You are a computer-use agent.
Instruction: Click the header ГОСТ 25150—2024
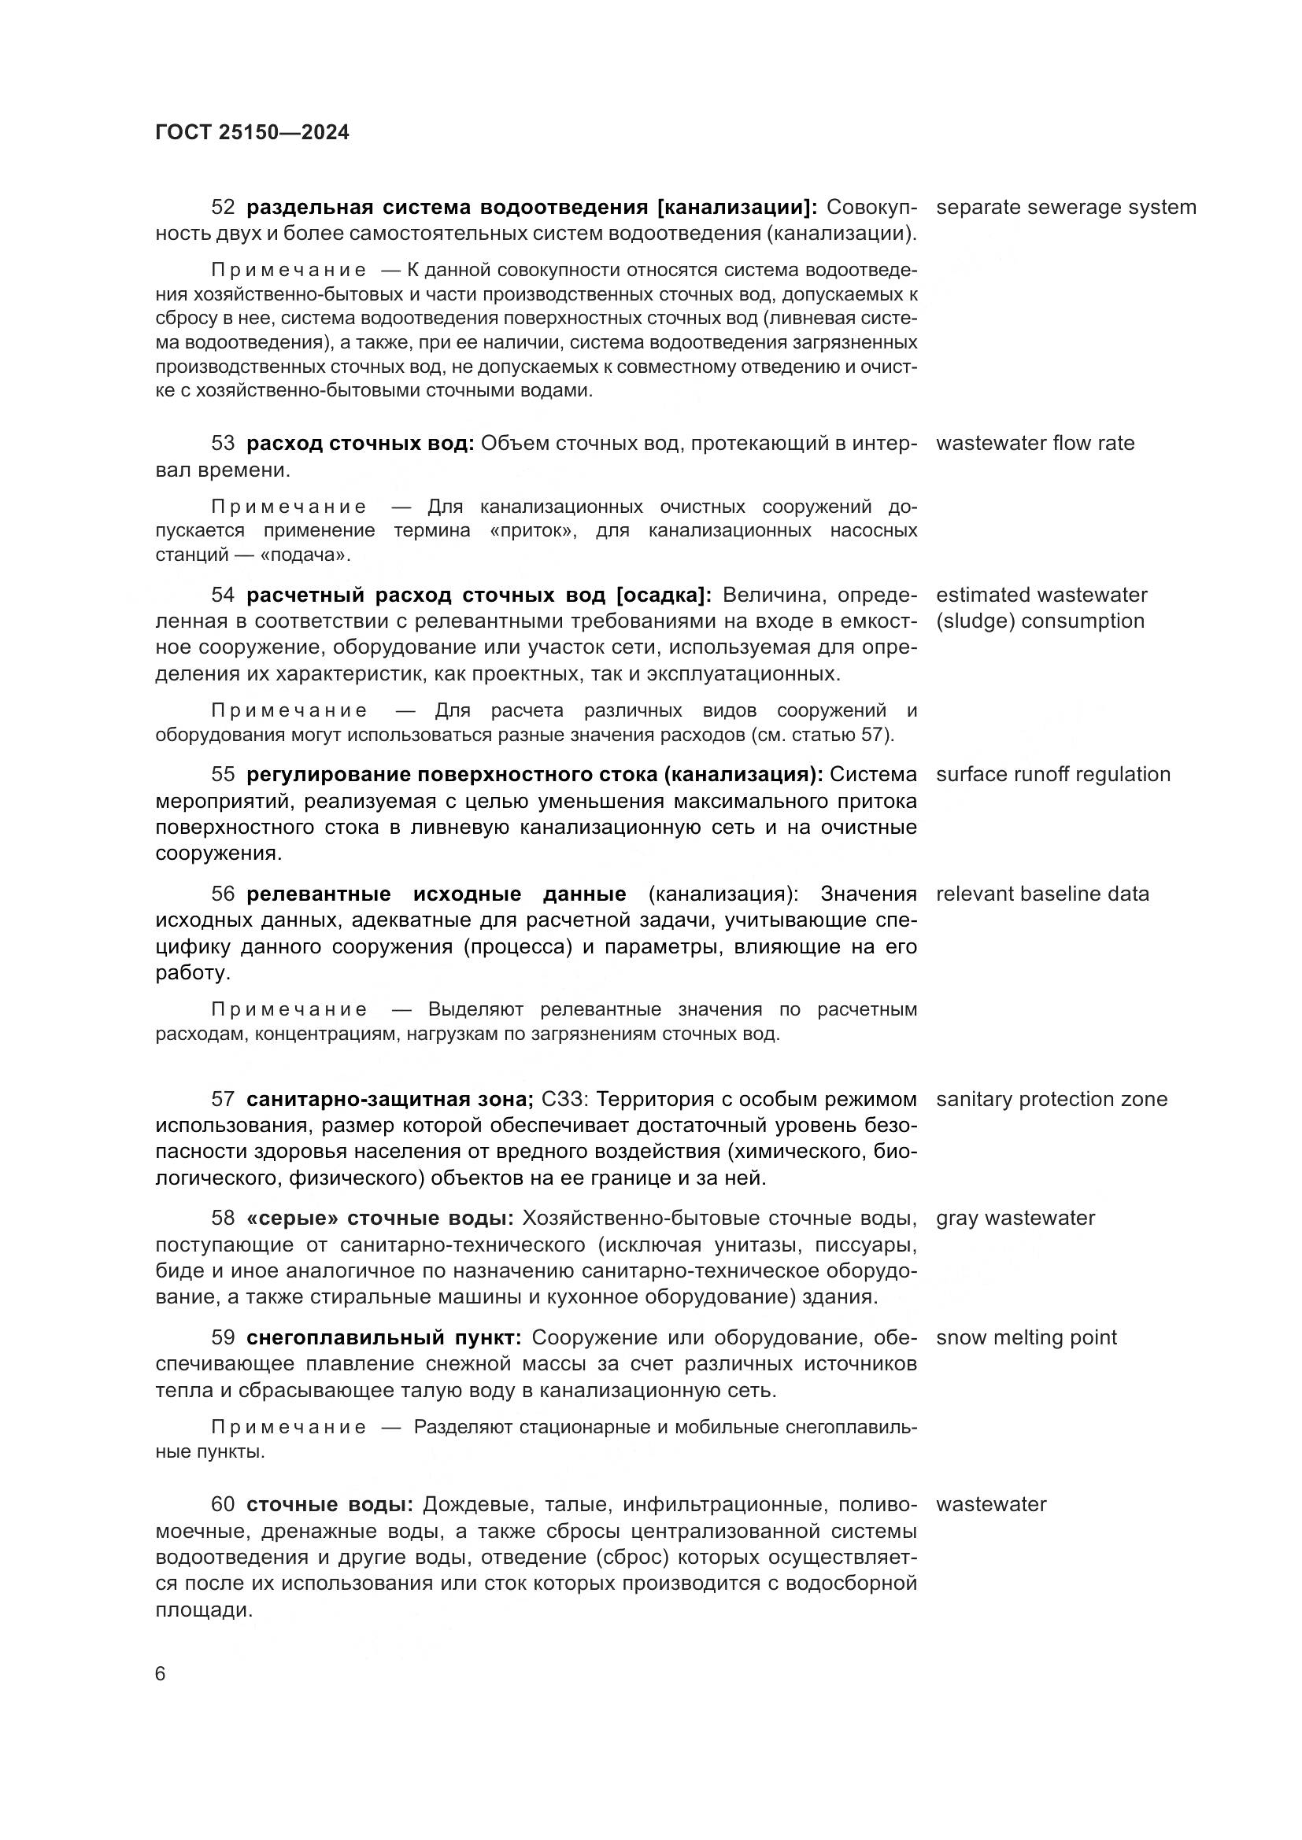click(252, 132)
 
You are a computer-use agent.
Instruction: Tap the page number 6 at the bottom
click(161, 1673)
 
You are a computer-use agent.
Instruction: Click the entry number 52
click(223, 207)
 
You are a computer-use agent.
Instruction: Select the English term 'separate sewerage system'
click(1066, 207)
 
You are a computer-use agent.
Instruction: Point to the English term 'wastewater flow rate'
click(1035, 443)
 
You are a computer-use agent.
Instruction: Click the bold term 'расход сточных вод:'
click(360, 443)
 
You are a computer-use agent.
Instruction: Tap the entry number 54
click(223, 595)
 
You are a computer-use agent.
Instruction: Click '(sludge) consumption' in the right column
click(1040, 621)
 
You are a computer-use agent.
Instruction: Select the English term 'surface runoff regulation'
click(1052, 774)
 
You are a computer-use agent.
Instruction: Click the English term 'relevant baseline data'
click(1042, 894)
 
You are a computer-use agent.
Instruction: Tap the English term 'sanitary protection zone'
click(1051, 1099)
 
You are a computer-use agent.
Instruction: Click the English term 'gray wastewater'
click(1015, 1218)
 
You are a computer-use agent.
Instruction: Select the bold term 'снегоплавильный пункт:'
click(384, 1337)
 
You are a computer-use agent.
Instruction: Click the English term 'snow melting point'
click(1026, 1337)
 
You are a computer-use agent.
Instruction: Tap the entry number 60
click(223, 1504)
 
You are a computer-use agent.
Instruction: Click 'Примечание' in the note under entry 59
click(289, 1426)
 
